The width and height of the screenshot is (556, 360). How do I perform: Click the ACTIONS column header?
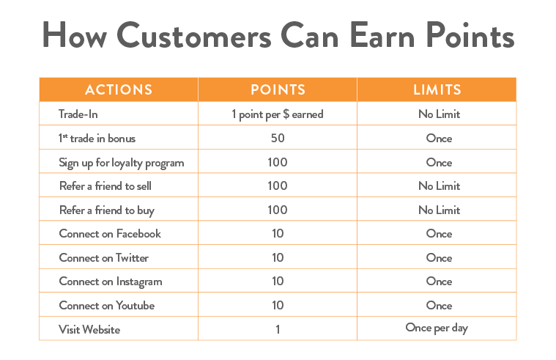[119, 90]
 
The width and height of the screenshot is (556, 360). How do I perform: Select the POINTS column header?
[278, 90]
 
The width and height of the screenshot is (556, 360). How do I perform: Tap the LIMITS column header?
[437, 90]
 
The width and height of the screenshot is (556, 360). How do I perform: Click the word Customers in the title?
[194, 34]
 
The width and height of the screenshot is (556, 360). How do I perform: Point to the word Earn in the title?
[382, 34]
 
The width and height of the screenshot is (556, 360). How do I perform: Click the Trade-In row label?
[78, 114]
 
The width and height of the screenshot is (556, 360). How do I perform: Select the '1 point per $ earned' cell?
[278, 114]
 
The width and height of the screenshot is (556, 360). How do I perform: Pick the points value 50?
[278, 138]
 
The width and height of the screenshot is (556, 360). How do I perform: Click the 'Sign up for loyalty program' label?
[122, 163]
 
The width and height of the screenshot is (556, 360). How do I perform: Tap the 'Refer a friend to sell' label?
[105, 185]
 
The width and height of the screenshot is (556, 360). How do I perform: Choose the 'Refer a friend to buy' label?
[107, 210]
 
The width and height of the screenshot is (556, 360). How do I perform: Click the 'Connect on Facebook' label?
[110, 234]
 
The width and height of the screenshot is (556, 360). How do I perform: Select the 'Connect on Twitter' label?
[103, 257]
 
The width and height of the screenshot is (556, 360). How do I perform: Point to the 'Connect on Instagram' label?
[111, 282]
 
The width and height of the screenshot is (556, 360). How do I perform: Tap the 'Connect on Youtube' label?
[107, 305]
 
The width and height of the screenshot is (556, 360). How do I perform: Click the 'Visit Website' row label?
[89, 329]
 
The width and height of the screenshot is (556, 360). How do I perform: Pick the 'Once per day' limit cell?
[437, 328]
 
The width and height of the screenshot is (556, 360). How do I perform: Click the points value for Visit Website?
[278, 329]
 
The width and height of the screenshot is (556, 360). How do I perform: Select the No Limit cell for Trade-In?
[439, 114]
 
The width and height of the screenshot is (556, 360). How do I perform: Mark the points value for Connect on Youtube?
[278, 305]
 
